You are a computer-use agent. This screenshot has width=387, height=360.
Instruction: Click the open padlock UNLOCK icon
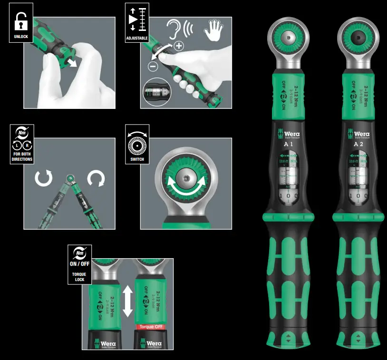(x=21, y=22)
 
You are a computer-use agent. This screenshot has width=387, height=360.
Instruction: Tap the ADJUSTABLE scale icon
(x=137, y=22)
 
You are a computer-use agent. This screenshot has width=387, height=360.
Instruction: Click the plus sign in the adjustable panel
(x=179, y=46)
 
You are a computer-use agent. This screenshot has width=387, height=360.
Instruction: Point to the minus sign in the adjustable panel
(x=153, y=67)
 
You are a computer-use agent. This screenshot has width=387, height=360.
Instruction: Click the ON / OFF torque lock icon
(x=79, y=264)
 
